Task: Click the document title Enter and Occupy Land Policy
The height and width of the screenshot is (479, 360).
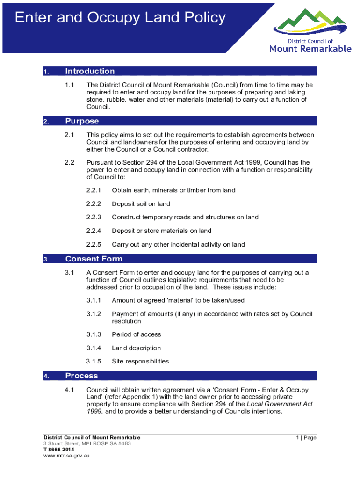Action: pos(120,18)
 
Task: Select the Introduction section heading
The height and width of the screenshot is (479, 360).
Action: pos(90,71)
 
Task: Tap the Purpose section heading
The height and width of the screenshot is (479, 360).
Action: pos(82,121)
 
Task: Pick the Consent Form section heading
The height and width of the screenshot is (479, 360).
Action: pos(94,259)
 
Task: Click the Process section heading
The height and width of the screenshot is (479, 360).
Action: pos(81,376)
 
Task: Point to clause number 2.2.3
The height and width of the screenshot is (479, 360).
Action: pos(94,217)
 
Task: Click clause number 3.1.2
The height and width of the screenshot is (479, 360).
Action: pos(94,314)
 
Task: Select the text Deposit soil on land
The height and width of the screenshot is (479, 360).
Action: pos(141,204)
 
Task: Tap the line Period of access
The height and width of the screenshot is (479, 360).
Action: pos(136,334)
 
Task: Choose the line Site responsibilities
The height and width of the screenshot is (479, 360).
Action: pos(140,361)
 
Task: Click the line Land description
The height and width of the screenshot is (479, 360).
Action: pos(136,348)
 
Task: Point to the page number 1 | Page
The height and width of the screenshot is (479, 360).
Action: pos(306,438)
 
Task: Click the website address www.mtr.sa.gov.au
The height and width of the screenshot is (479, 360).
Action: pos(66,456)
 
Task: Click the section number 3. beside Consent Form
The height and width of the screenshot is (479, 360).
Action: pos(45,259)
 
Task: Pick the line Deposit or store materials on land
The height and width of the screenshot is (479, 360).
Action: pos(161,231)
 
